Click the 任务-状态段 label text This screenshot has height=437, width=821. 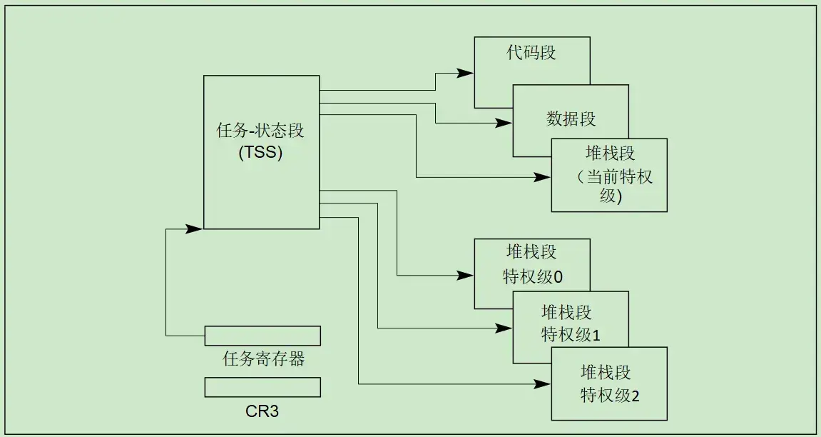pyautogui.click(x=260, y=131)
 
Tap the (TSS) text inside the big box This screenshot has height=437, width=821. pyautogui.click(x=260, y=152)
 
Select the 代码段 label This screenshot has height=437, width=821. pyautogui.click(x=531, y=53)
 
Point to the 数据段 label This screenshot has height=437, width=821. pyautogui.click(x=571, y=119)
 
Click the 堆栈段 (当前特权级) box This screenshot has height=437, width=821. pyautogui.click(x=609, y=175)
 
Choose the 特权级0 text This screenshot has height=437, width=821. pyautogui.click(x=532, y=277)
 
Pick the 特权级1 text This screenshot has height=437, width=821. pyautogui.click(x=571, y=334)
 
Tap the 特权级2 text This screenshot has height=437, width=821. pyautogui.click(x=609, y=395)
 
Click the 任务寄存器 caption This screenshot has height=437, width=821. pyautogui.click(x=264, y=358)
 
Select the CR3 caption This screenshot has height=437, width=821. pyautogui.click(x=262, y=412)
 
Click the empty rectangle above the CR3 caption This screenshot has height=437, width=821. pyautogui.click(x=262, y=387)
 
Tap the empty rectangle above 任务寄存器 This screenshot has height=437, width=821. pyautogui.click(x=262, y=336)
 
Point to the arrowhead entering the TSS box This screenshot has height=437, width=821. pyautogui.click(x=195, y=228)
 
